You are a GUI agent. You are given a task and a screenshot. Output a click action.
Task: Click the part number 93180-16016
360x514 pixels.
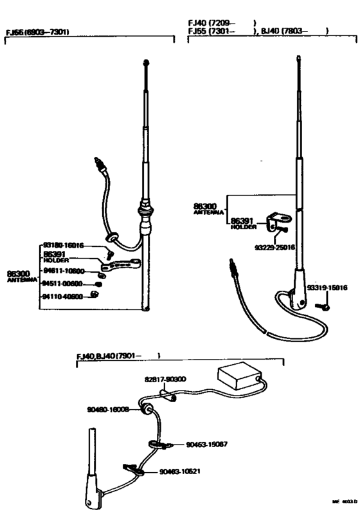click(64, 245)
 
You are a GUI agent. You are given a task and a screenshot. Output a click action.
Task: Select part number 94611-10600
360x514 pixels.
click(64, 272)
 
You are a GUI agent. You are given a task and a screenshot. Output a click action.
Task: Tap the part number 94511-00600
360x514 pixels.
click(64, 284)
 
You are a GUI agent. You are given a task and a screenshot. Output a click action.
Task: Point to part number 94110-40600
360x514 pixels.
click(64, 296)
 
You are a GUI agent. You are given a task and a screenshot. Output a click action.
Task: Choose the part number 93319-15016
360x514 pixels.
click(327, 288)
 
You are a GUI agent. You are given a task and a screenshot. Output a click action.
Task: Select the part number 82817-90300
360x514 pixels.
click(165, 380)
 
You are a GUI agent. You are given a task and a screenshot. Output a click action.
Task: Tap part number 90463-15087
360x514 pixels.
click(207, 444)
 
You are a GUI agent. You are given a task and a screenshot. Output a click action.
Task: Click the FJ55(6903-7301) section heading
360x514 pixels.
click(37, 32)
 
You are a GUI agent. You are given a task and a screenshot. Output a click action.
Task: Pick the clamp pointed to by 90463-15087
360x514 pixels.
click(158, 443)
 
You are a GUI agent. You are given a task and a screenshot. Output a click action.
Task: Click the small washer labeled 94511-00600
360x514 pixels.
click(99, 284)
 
